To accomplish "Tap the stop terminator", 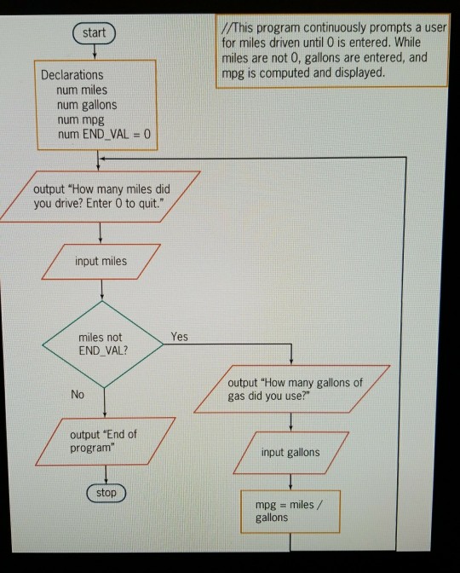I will (x=105, y=493).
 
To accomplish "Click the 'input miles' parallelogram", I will (x=100, y=261).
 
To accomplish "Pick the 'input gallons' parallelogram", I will (x=291, y=452).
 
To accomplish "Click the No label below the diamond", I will (x=78, y=396).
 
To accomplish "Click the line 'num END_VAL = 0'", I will (x=102, y=134).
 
